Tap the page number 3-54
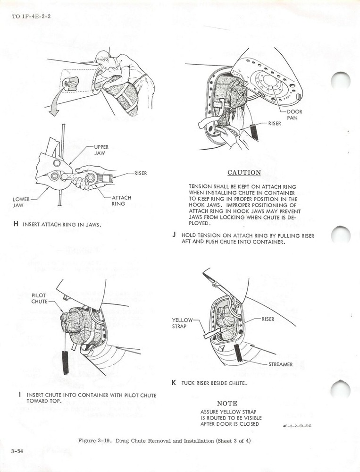(17, 451)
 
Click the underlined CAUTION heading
(244, 173)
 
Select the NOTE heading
(227, 404)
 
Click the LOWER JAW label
(21, 202)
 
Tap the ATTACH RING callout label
(121, 201)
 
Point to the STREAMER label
(280, 364)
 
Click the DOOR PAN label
(295, 115)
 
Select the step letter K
(174, 383)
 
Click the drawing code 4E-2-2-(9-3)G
(297, 426)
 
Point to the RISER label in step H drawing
(140, 173)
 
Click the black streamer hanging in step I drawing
(65, 362)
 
